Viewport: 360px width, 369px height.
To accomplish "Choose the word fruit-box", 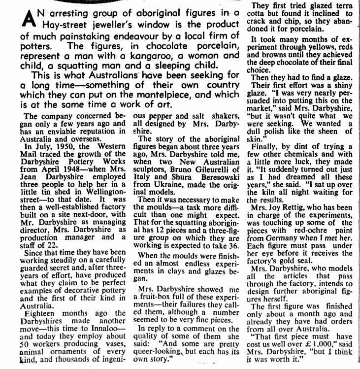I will tap(165, 297).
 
